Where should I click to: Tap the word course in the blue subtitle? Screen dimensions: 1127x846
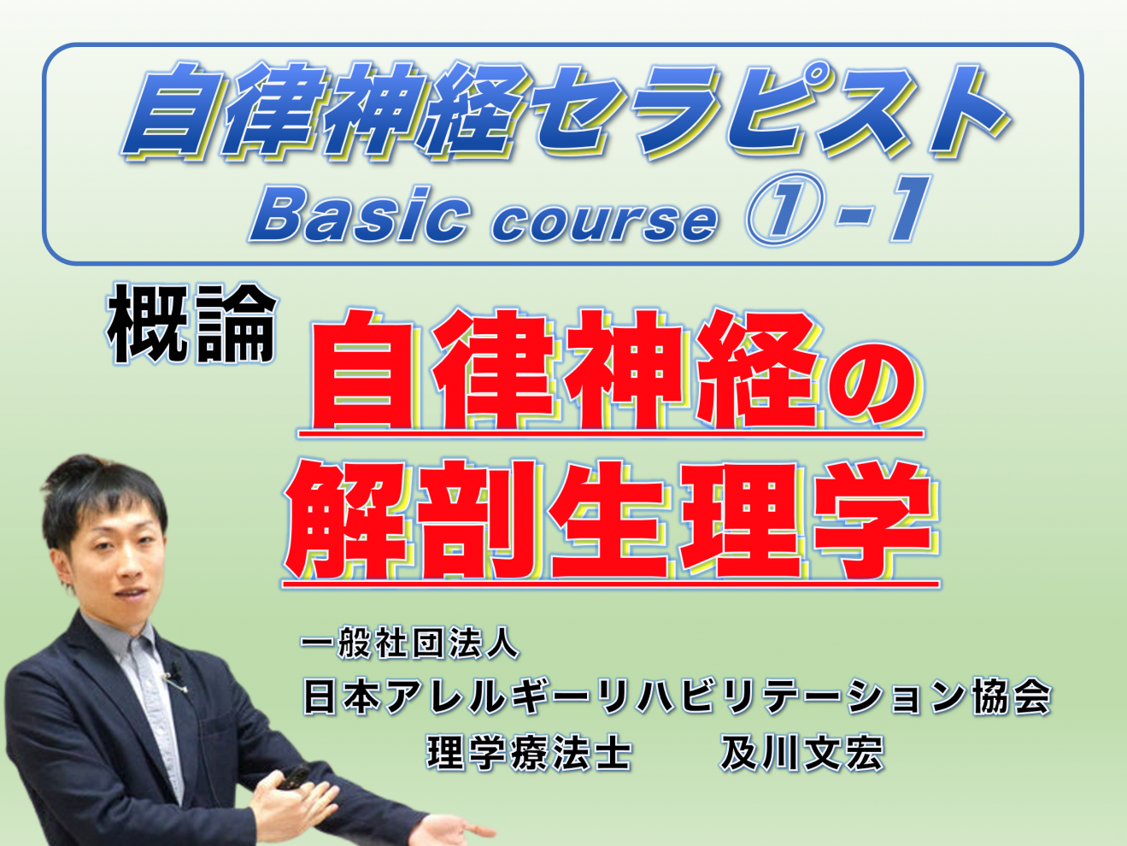point(604,222)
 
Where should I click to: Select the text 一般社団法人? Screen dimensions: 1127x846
point(409,643)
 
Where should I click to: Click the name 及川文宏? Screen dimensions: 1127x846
point(801,753)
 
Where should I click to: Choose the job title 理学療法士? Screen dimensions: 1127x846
point(529,753)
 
